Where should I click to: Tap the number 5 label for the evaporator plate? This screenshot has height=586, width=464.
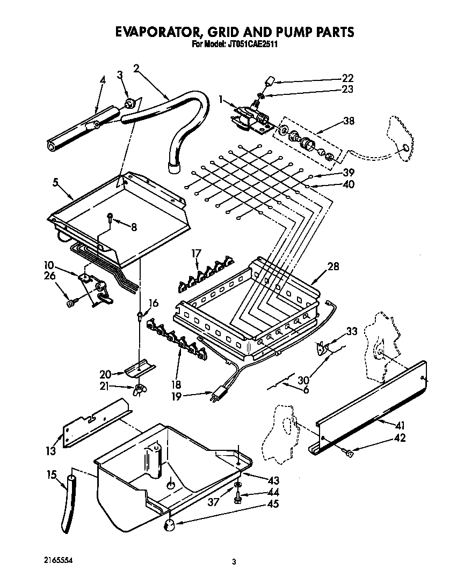[x=55, y=181]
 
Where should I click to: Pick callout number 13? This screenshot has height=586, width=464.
[x=50, y=451]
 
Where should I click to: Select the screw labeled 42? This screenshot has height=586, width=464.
[x=350, y=454]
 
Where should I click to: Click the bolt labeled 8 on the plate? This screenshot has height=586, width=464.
[x=110, y=218]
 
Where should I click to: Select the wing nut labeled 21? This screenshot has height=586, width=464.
[x=140, y=389]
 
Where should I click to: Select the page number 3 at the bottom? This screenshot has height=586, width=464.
[x=234, y=562]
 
